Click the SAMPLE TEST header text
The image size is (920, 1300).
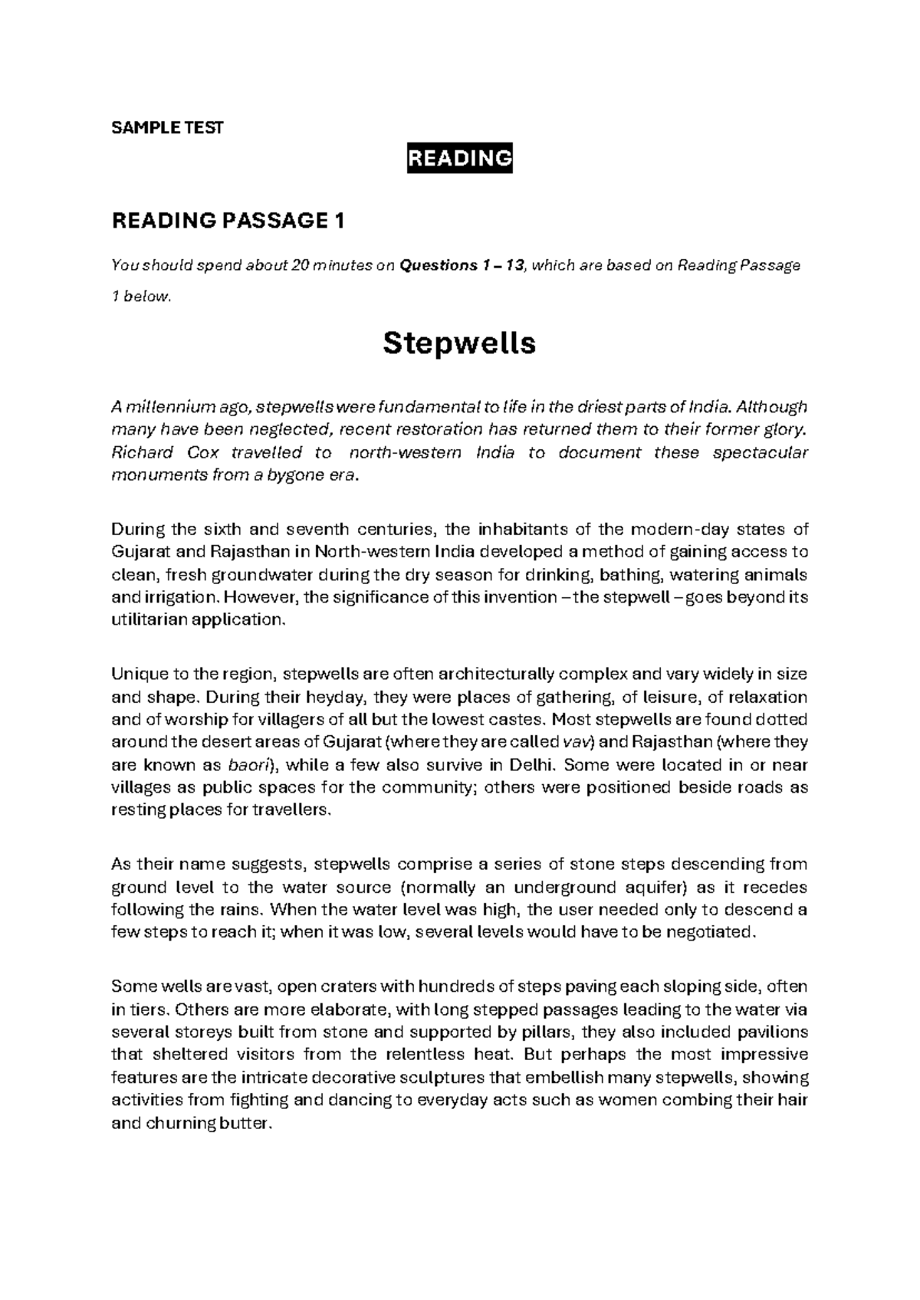167,128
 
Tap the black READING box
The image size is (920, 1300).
459,159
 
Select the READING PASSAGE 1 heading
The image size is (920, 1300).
228,222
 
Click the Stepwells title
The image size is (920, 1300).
459,343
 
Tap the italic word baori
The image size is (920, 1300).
248,765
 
